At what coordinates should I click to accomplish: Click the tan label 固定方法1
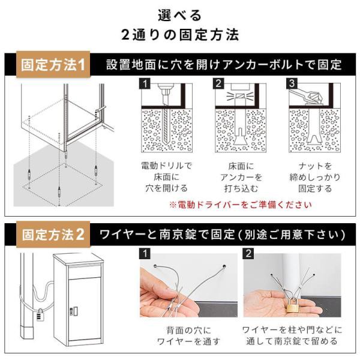53,65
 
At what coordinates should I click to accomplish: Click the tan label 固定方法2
53,235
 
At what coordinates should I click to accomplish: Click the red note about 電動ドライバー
241,205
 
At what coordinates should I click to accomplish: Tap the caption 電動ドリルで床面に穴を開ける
166,177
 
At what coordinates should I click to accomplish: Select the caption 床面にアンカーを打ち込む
241,177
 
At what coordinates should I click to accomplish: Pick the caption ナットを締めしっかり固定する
315,177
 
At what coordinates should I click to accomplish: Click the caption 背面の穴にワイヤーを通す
189,335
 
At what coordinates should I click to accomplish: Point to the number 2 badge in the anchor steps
218,83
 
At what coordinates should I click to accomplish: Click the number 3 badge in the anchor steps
292,83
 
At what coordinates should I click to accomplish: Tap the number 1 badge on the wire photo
145,254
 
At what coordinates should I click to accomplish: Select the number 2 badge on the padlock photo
248,254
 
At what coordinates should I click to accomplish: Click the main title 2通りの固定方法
180,35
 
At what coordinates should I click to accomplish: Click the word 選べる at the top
180,15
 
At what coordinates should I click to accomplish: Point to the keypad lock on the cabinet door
73,311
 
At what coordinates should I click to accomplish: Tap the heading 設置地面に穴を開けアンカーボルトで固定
224,65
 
